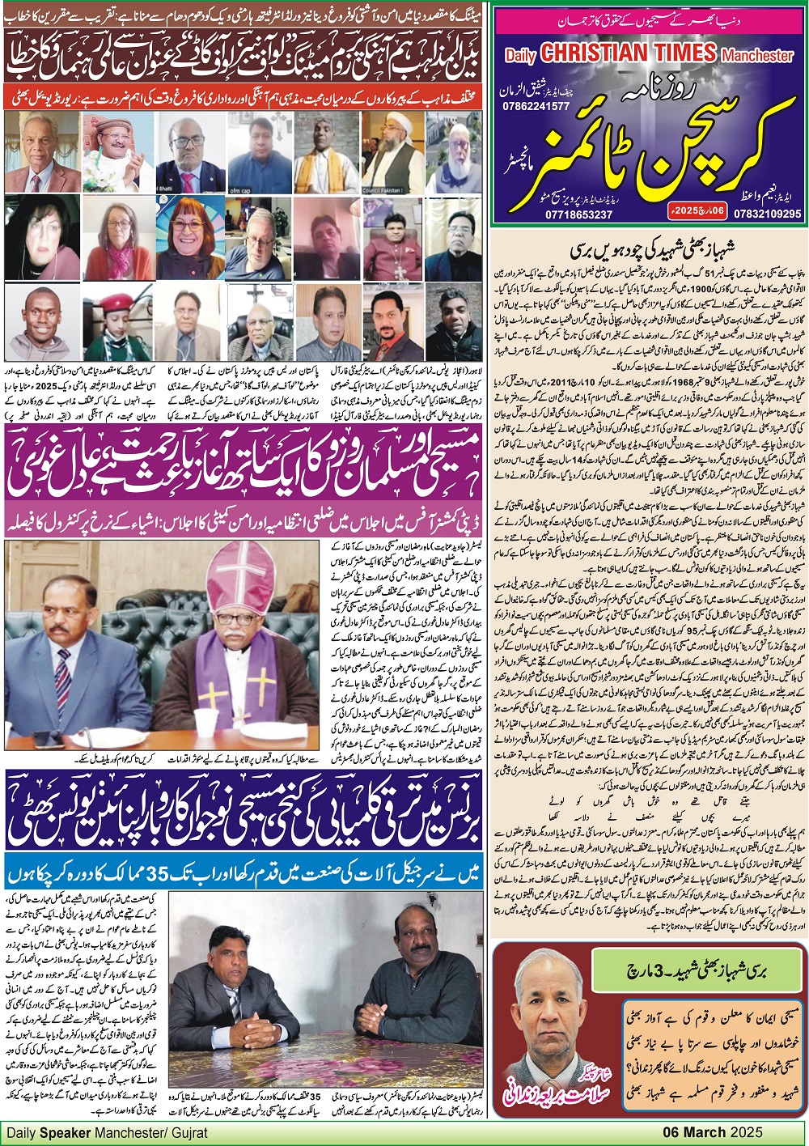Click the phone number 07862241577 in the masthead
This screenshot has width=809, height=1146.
537,106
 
